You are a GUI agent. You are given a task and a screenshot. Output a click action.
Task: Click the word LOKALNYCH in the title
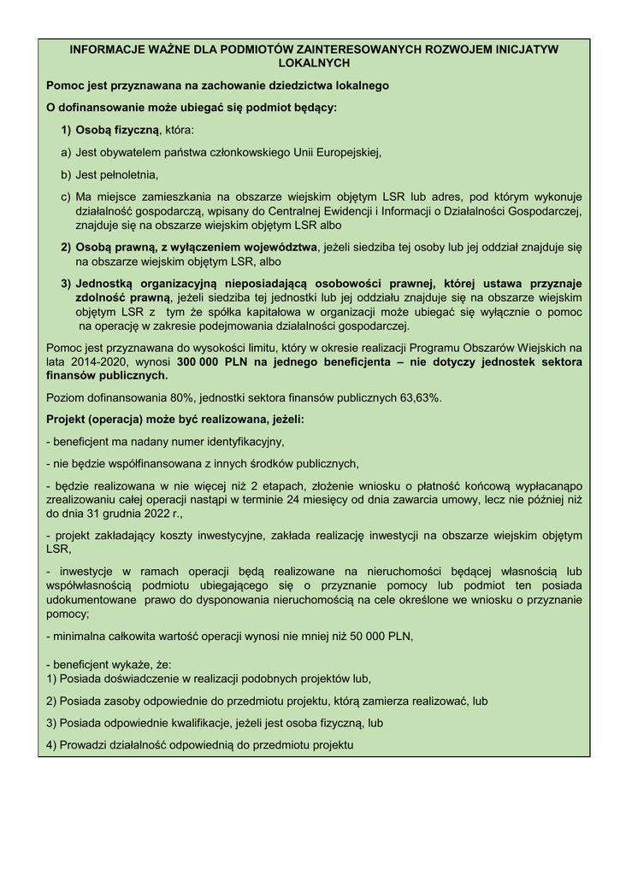pos(314,63)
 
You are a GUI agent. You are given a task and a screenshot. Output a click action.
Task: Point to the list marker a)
pos(66,152)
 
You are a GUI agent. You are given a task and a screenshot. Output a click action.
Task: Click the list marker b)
pos(66,174)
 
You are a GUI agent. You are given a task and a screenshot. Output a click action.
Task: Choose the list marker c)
pos(66,197)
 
